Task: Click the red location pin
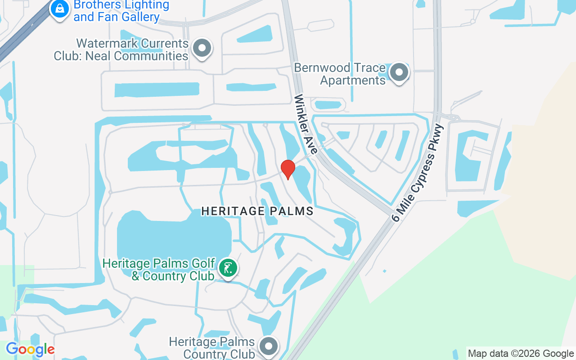(x=288, y=169)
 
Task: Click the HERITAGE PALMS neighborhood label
(x=257, y=211)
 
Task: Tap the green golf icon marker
(x=228, y=268)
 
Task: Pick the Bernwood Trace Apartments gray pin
(x=398, y=72)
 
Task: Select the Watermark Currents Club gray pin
(x=202, y=48)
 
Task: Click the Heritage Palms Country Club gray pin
(x=269, y=347)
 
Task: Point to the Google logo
(x=30, y=349)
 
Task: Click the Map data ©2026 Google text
(x=521, y=354)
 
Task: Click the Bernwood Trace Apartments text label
(x=341, y=74)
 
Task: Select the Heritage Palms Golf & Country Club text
(x=158, y=269)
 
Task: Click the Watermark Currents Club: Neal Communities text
(x=121, y=49)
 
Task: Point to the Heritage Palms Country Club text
(x=212, y=348)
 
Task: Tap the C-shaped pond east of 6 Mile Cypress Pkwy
(x=468, y=157)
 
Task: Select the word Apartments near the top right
(x=353, y=80)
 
